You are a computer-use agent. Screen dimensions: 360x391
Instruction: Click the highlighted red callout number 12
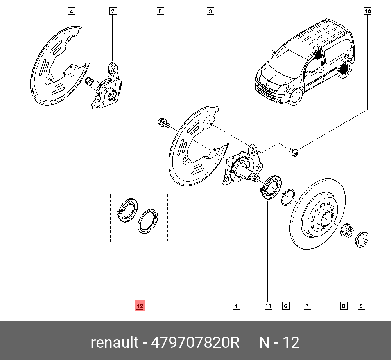(140, 306)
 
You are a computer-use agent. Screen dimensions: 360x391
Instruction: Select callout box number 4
(71, 12)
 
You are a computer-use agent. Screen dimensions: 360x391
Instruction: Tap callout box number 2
(112, 12)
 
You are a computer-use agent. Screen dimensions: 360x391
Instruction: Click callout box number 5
(160, 12)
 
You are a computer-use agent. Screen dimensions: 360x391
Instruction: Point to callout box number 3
(210, 12)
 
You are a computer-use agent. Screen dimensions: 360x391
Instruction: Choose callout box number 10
(368, 12)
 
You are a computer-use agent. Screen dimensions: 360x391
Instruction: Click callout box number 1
(236, 306)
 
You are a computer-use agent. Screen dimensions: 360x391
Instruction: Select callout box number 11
(268, 306)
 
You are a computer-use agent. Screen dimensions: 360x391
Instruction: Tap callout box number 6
(286, 306)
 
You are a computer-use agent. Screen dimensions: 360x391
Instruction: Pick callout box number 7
(307, 306)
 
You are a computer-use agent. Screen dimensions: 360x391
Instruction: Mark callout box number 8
(343, 306)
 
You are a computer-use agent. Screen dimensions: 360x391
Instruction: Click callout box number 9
(361, 306)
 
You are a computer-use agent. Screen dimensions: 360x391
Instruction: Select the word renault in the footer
(114, 342)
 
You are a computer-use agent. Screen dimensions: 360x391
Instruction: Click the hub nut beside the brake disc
(346, 231)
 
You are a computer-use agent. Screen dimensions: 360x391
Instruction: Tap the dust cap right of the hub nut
(361, 238)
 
